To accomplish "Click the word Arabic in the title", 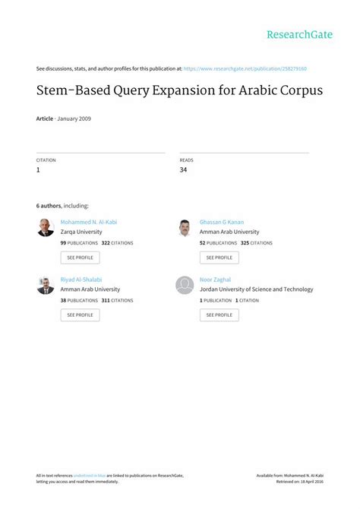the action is coord(254,90).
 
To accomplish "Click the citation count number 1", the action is coord(38,169).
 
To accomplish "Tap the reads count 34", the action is coord(183,169).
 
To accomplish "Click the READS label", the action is coord(186,160).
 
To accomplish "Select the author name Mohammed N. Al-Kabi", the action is coord(88,222).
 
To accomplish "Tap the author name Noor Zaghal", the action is coord(216,280).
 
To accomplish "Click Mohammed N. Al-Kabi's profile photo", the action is coord(46,227).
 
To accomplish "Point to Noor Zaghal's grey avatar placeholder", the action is coord(185,285).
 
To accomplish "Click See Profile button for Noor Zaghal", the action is coord(219,315).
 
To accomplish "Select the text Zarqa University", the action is coord(81,232).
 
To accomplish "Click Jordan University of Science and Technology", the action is coord(256,289).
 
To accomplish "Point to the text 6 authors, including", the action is coord(62,206).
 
